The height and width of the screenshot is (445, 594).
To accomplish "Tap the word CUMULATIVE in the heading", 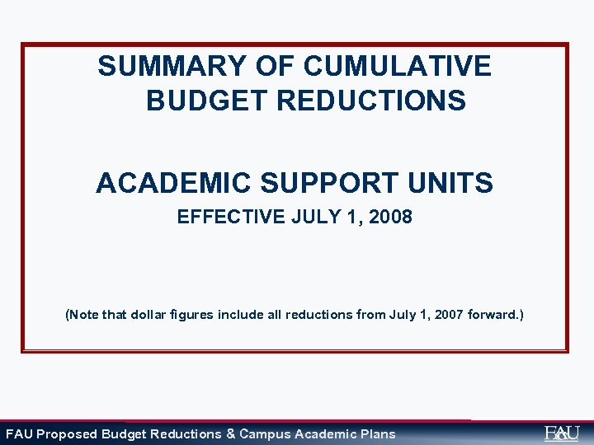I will (397, 66).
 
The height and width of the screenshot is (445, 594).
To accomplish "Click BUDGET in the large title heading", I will (206, 101).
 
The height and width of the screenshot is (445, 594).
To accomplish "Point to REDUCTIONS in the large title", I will (371, 101).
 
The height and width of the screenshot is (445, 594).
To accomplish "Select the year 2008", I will (391, 218).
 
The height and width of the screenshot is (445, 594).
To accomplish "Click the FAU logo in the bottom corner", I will (562, 433).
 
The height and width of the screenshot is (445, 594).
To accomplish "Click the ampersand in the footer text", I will (230, 434).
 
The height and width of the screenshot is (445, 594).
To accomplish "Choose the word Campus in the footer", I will (265, 434).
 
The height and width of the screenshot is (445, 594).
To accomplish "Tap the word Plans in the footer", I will (376, 434).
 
